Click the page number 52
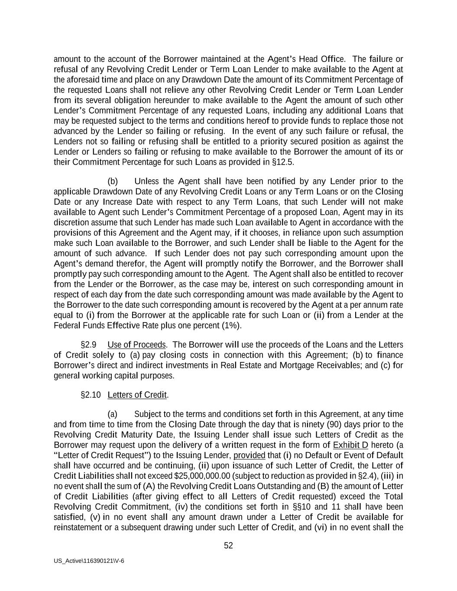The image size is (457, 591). point(228,546)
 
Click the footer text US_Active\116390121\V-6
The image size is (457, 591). point(89,561)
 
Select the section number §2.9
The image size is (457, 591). point(88,345)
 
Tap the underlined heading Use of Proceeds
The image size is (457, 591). point(136,345)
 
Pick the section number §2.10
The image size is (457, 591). point(91,395)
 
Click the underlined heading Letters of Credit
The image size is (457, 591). point(137,395)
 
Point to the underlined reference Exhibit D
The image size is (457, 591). point(350,445)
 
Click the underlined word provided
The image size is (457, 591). point(249,455)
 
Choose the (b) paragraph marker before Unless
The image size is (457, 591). point(113,181)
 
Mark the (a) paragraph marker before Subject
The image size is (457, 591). point(113,414)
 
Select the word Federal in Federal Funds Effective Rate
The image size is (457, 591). point(66,326)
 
